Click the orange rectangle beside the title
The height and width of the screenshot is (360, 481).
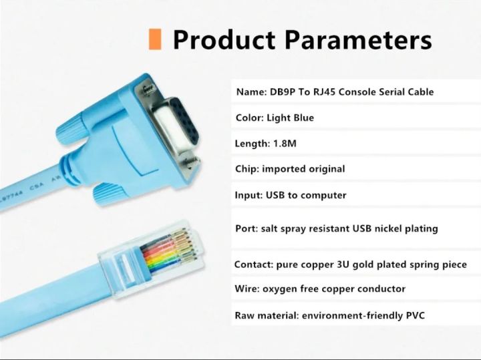[x=154, y=39]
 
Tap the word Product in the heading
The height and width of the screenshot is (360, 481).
[x=224, y=39]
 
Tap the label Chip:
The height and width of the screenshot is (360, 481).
[x=247, y=169]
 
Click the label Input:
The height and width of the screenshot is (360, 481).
[x=249, y=195]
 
